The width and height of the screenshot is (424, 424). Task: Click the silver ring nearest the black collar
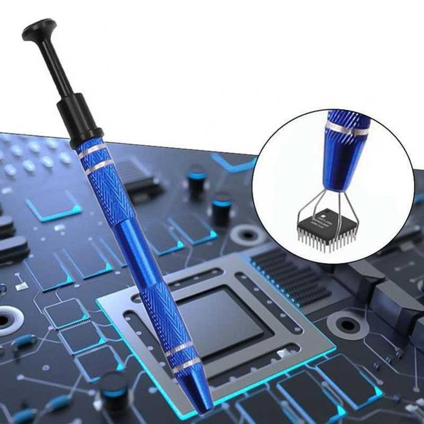[91, 151]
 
